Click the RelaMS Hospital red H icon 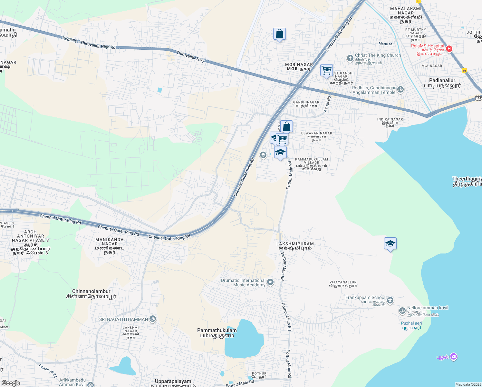click(449, 49)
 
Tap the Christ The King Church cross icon click(350, 58)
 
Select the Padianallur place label click(442, 83)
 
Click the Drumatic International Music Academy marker click(270, 283)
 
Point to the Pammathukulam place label click(217, 333)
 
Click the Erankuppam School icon click(390, 301)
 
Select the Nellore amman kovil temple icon click(402, 311)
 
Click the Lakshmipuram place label click(295, 246)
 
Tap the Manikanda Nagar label click(110, 246)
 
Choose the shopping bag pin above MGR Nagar click(279, 34)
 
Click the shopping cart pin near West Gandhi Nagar click(326, 70)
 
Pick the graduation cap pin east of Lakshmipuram click(390, 244)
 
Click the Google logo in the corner click(11, 383)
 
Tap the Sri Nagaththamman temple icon click(153, 319)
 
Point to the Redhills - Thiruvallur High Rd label click(89, 43)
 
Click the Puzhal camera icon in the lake click(454, 357)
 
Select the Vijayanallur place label click(343, 284)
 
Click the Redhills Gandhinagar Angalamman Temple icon click(400, 90)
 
